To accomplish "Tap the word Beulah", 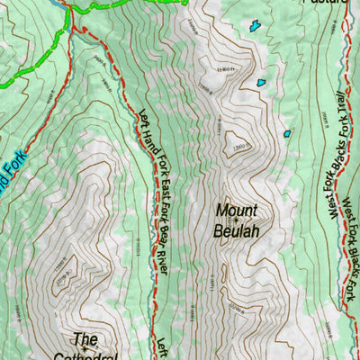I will (237, 230).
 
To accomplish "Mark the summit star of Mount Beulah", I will (237, 220).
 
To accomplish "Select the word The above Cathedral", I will (85, 339).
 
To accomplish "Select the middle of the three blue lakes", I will (261, 83).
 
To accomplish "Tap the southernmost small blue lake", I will (287, 134).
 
